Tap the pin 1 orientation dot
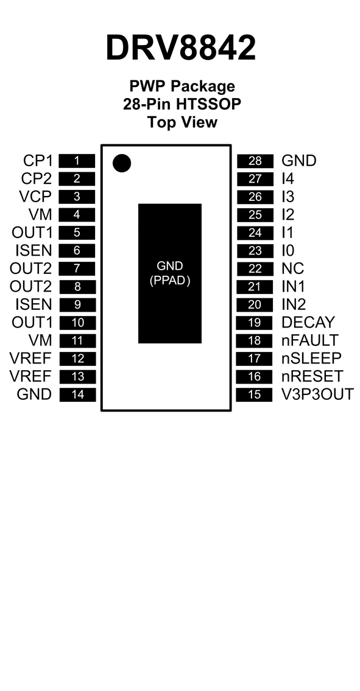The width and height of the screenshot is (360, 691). pyautogui.click(x=122, y=163)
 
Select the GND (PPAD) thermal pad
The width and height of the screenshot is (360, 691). pyautogui.click(x=170, y=273)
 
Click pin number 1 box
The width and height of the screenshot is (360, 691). pyautogui.click(x=77, y=161)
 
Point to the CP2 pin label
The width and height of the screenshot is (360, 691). pyautogui.click(x=36, y=179)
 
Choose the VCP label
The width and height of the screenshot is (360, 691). pyautogui.click(x=35, y=197)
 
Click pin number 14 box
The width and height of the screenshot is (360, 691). pyautogui.click(x=77, y=395)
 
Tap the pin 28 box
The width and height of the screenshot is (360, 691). pyautogui.click(x=255, y=161)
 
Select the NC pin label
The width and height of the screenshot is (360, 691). pyautogui.click(x=292, y=268)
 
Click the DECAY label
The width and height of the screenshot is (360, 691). pyautogui.click(x=308, y=323)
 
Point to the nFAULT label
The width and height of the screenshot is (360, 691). pyautogui.click(x=309, y=340)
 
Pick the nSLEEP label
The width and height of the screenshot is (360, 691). pyautogui.click(x=311, y=358)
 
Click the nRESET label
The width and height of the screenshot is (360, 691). pyautogui.click(x=312, y=376)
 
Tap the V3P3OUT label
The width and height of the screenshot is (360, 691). pyautogui.click(x=317, y=395)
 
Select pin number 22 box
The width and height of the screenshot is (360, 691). pyautogui.click(x=255, y=269)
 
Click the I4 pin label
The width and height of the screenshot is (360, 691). pyautogui.click(x=288, y=179)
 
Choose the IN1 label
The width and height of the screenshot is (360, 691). pyautogui.click(x=293, y=287)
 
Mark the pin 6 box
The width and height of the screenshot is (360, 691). pyautogui.click(x=77, y=251)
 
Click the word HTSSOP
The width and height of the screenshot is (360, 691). pyautogui.click(x=208, y=105)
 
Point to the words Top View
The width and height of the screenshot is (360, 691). pyautogui.click(x=182, y=122)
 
